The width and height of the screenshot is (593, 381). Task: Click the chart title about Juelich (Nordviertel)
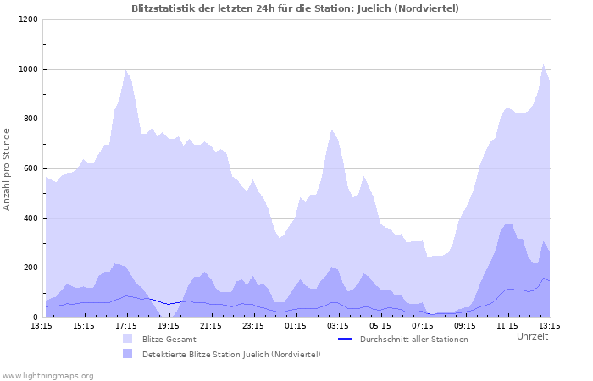tap(296, 8)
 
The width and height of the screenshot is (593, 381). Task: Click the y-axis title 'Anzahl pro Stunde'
tap(8, 168)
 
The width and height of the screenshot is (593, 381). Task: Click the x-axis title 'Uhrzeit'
tap(532, 336)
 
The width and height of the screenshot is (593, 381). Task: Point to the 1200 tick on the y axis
tap(28, 19)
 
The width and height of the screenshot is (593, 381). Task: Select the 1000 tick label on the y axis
tap(28, 69)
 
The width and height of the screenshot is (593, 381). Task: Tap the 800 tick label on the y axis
tap(30, 119)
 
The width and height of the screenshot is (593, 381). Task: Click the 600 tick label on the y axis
tap(30, 169)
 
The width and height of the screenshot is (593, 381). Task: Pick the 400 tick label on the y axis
tap(30, 219)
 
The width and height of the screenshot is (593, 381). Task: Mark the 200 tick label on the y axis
tap(30, 268)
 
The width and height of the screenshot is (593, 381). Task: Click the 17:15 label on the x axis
tap(126, 325)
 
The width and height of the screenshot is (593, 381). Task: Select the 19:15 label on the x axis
tap(169, 325)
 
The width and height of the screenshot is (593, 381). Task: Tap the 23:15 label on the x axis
tap(253, 325)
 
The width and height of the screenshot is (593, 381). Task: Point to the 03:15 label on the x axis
tap(338, 325)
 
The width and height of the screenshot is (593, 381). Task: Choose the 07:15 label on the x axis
tap(423, 325)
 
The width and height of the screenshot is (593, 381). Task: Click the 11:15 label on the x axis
tap(507, 325)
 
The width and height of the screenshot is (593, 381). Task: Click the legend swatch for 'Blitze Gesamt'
tap(128, 339)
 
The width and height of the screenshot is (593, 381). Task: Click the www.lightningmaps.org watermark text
tap(48, 375)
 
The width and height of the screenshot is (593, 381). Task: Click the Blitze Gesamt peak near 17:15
tap(126, 70)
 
